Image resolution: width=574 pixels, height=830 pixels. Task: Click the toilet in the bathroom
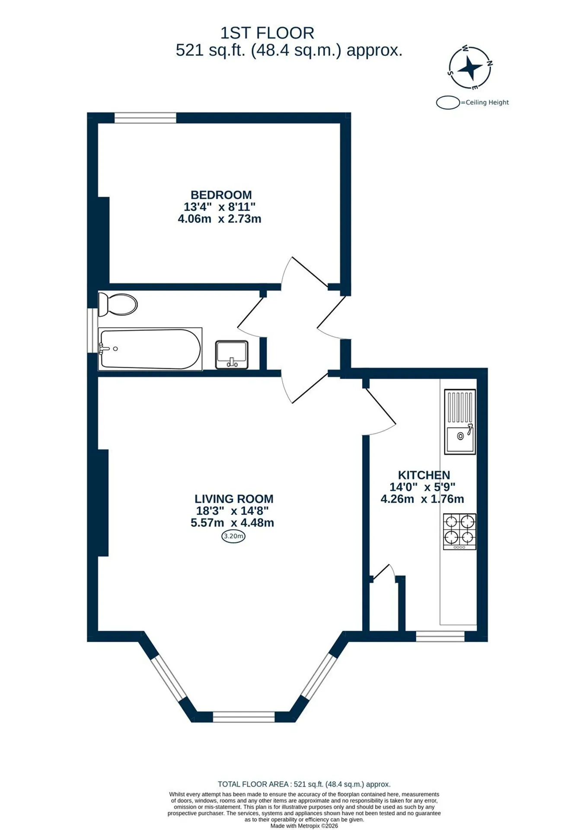tap(118, 304)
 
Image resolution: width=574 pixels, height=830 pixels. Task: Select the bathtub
tap(150, 349)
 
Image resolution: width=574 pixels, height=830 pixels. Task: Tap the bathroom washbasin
tap(232, 355)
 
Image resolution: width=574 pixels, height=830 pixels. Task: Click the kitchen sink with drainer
tap(460, 421)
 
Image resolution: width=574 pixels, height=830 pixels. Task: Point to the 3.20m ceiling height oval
tap(233, 536)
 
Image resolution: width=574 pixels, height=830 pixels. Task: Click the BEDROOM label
tap(221, 195)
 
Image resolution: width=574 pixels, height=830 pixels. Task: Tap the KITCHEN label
tap(424, 475)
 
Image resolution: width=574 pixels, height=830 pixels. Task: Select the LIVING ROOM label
tap(234, 499)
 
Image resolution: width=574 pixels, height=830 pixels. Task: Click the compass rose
tap(470, 68)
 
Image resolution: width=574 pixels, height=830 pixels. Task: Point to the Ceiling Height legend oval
tap(448, 103)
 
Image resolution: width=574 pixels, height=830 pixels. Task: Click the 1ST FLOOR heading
tap(267, 33)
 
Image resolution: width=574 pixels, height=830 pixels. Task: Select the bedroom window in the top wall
tap(145, 118)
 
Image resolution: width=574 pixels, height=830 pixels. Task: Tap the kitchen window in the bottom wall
tap(440, 636)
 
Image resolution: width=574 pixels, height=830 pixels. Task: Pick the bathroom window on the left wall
tap(92, 331)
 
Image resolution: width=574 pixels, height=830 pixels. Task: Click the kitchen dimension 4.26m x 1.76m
tap(422, 499)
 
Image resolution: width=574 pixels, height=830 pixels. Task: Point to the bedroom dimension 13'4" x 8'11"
tap(220, 207)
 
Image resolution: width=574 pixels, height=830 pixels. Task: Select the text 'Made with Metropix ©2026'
tap(304, 826)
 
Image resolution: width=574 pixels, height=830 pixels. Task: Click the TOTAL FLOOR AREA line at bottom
tap(304, 784)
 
